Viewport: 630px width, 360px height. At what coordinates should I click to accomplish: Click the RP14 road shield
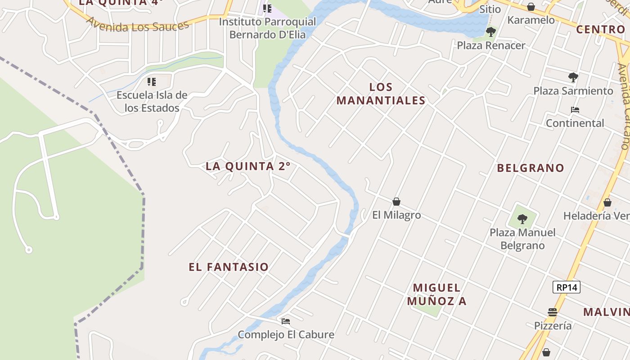[x=566, y=287]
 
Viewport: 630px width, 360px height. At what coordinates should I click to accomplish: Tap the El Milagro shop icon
[x=396, y=202]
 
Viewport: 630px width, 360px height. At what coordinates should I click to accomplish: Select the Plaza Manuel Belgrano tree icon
[x=522, y=219]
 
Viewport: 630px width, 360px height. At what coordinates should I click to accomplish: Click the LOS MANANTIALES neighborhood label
[x=381, y=94]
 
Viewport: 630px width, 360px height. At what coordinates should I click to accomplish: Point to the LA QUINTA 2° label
[x=248, y=166]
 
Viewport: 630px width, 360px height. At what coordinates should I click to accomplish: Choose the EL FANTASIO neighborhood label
[x=229, y=267]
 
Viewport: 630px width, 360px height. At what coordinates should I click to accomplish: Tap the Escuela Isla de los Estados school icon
[x=152, y=82]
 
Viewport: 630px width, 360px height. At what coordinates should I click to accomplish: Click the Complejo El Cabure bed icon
[x=286, y=321]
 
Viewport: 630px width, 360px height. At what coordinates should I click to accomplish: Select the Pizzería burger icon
[x=553, y=312]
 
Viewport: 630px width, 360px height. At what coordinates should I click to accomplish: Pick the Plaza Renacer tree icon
[x=491, y=32]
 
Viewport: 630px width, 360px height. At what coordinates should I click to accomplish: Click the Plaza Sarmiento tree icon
[x=573, y=77]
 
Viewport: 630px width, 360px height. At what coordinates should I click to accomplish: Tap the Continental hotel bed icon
[x=575, y=110]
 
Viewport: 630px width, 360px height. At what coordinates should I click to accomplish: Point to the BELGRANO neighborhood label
[x=531, y=168]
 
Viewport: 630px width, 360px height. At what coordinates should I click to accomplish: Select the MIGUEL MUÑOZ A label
[x=437, y=294]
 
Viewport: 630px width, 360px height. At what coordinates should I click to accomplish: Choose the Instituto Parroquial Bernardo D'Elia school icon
[x=267, y=9]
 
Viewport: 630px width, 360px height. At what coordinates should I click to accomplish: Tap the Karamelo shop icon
[x=531, y=7]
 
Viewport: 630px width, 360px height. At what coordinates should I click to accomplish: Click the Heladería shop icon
[x=607, y=202]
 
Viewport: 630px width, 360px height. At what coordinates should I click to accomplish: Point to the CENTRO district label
[x=600, y=29]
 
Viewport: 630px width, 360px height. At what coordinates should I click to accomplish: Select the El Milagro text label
[x=396, y=215]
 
